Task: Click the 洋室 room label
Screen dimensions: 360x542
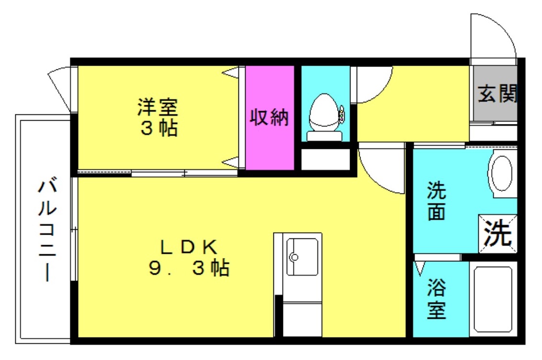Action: (x=158, y=107)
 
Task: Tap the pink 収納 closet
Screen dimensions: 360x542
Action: (x=270, y=117)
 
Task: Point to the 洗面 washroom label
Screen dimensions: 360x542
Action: (x=436, y=201)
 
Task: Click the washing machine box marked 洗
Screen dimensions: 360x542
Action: (x=498, y=234)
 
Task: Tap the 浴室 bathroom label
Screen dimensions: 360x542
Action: (x=436, y=299)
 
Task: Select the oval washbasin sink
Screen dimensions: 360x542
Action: (x=503, y=173)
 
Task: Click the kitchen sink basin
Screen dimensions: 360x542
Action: (x=302, y=257)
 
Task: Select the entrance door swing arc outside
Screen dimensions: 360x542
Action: (x=493, y=36)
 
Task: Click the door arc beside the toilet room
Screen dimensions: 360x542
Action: (x=373, y=84)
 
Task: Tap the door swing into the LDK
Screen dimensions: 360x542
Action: (x=381, y=170)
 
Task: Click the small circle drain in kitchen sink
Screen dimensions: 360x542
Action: (x=294, y=257)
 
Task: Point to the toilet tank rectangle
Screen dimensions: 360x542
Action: (x=324, y=136)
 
